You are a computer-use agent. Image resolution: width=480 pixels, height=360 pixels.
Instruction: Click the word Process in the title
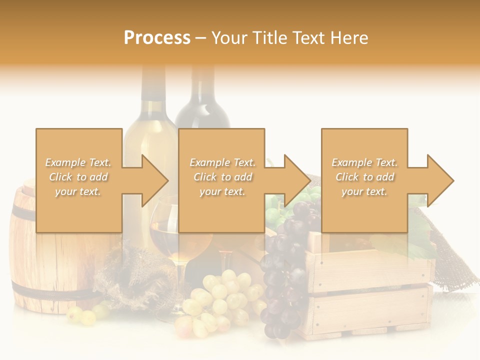point(157,38)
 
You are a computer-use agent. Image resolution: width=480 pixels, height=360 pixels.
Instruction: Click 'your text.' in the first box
point(78,191)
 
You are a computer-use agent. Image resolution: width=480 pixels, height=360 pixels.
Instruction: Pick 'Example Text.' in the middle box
point(222,162)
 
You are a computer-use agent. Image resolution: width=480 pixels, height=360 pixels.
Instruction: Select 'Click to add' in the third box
point(365,177)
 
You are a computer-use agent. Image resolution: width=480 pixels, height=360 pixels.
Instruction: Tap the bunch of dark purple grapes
point(285,265)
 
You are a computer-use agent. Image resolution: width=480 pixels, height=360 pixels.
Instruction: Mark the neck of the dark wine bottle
point(202,90)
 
